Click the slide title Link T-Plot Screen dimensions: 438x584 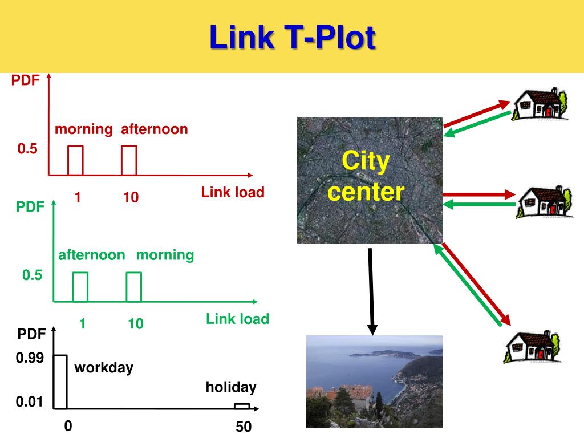(x=292, y=38)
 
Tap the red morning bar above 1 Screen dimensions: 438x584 (x=75, y=160)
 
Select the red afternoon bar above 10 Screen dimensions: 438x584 (x=129, y=160)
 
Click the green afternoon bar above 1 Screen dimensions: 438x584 (x=80, y=287)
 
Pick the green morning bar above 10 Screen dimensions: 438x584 (x=133, y=287)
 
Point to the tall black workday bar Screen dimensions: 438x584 (x=60, y=382)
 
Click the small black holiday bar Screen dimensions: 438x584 (x=242, y=406)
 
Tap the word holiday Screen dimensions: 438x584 (x=231, y=388)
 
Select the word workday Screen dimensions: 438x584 (x=104, y=367)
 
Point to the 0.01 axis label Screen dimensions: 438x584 (x=30, y=403)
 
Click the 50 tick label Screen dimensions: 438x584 (x=244, y=427)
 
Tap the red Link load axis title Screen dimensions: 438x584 (x=233, y=192)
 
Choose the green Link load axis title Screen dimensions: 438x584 (x=237, y=319)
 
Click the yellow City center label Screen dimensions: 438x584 (x=366, y=177)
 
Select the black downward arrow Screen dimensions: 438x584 (x=372, y=291)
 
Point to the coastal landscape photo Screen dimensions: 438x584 (x=374, y=381)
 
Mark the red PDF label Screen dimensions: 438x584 (x=26, y=80)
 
